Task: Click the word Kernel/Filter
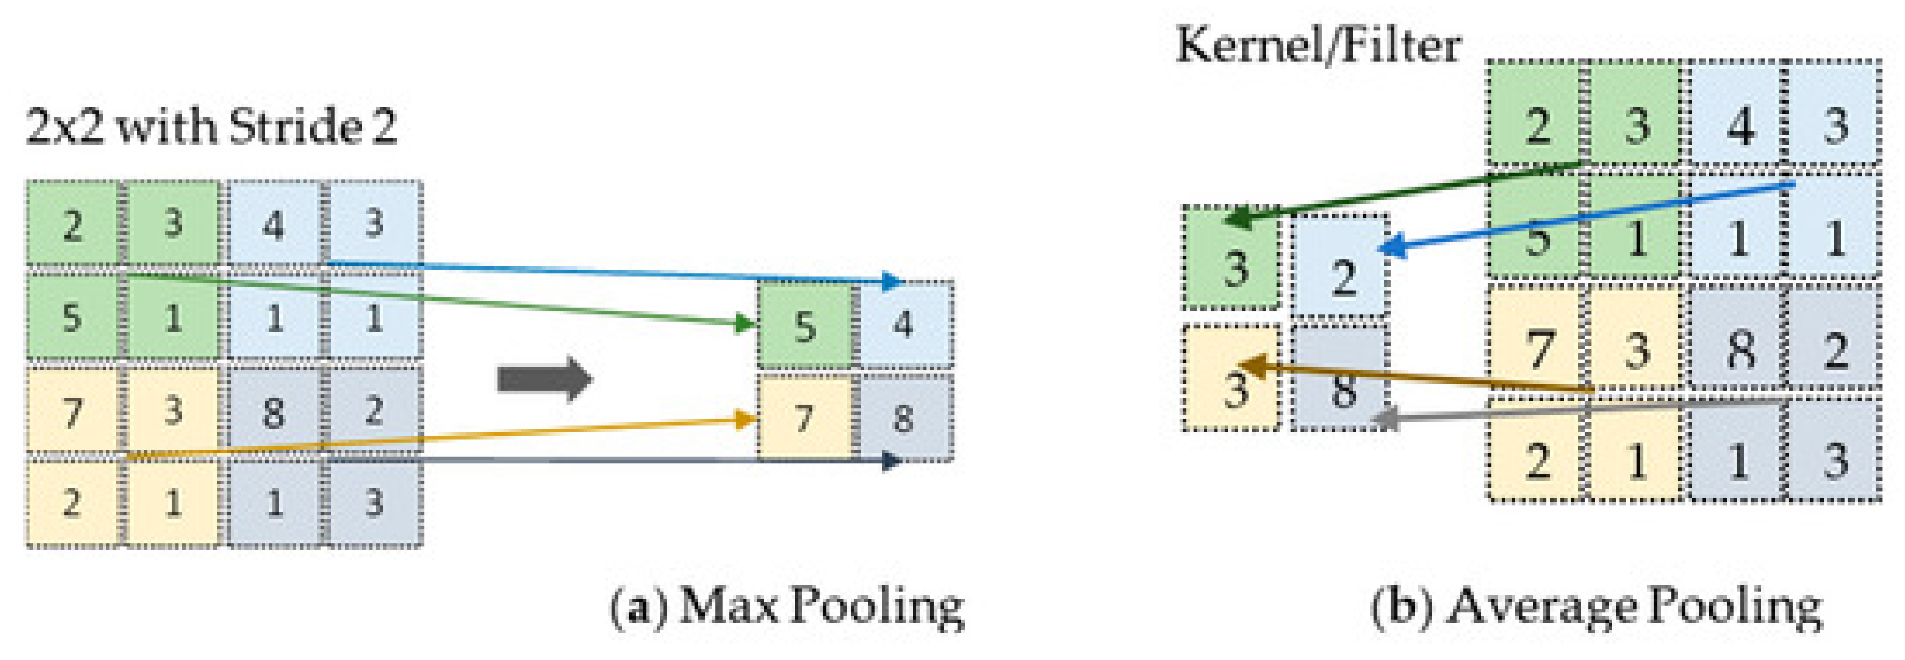[1318, 46]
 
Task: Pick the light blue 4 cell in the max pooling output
[904, 324]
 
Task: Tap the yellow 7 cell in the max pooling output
[805, 419]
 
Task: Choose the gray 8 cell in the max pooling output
[904, 419]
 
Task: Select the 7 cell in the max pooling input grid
[73, 411]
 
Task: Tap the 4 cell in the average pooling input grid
[1739, 124]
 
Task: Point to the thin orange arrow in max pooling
[444, 439]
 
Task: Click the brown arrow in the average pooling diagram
[1420, 377]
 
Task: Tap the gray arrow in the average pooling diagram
[1575, 411]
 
